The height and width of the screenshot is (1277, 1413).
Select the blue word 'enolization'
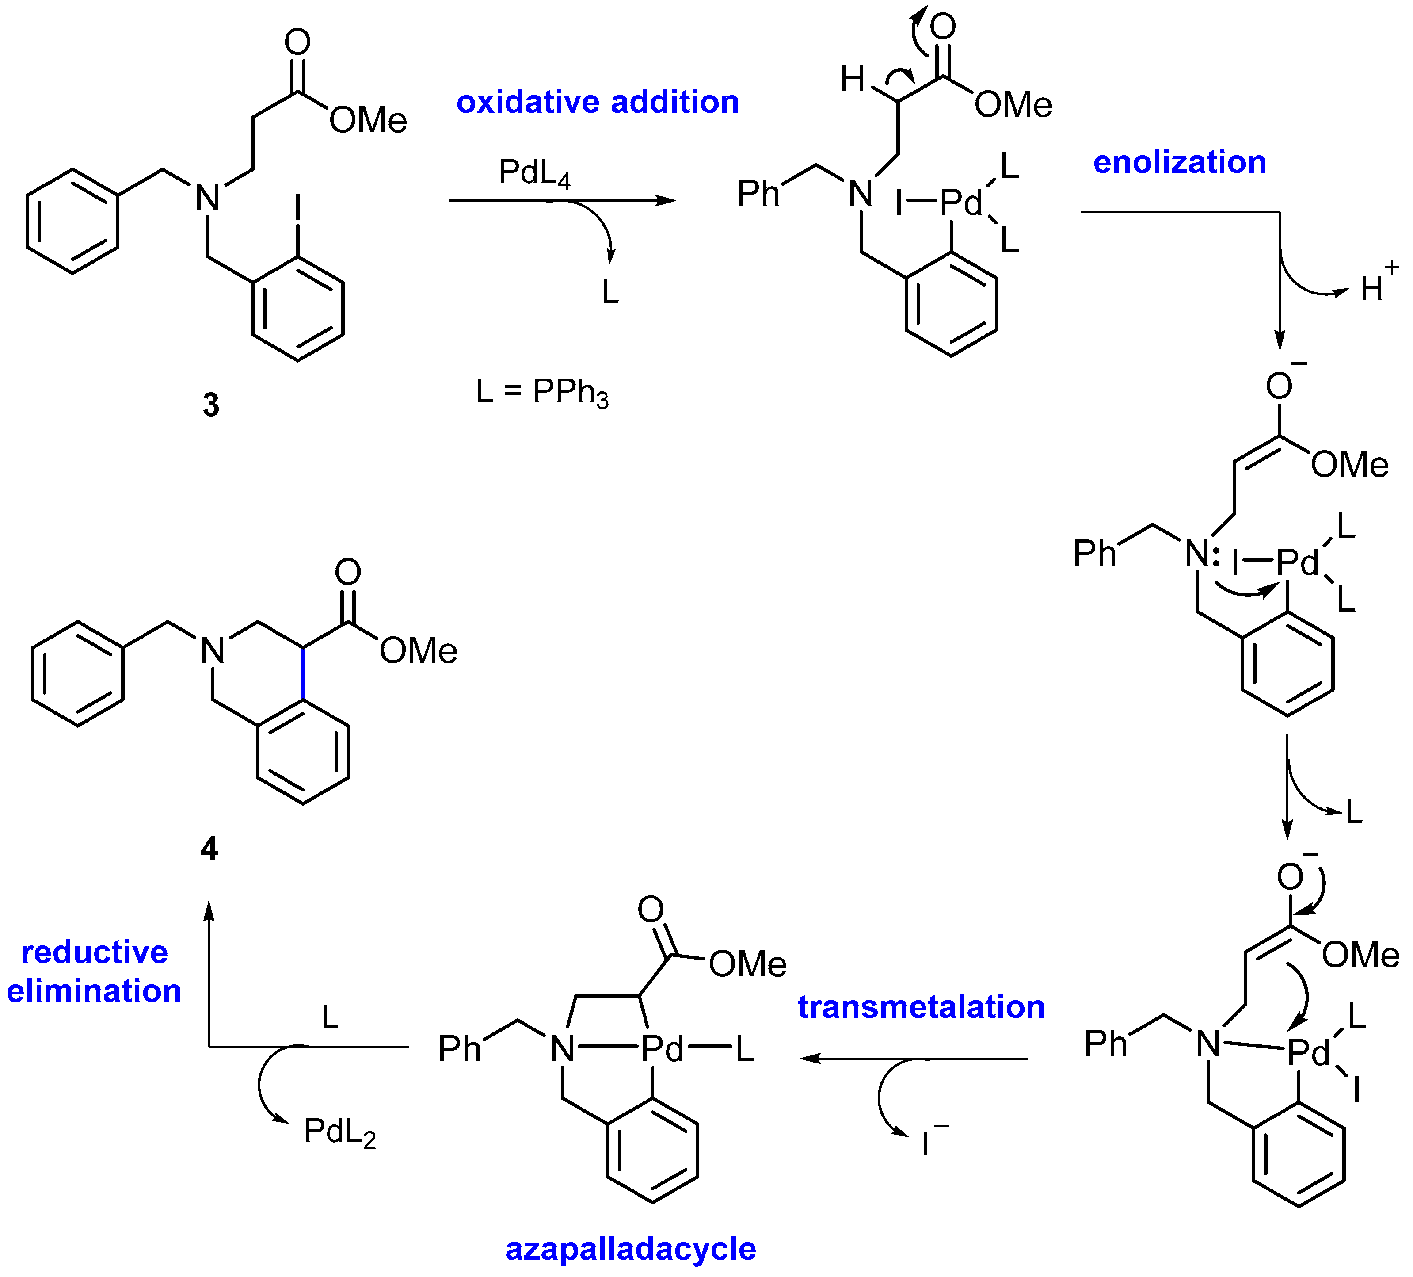click(1180, 163)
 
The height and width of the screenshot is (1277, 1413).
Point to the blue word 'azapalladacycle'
click(630, 1250)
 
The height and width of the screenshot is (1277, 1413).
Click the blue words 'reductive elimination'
click(94, 972)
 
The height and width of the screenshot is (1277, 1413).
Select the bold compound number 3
click(211, 405)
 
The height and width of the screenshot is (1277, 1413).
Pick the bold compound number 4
click(209, 849)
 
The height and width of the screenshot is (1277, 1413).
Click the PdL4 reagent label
click(534, 173)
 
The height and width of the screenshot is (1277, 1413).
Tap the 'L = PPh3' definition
click(542, 392)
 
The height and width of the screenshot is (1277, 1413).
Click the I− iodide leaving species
click(931, 1142)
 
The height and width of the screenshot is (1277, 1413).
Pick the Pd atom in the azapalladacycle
click(662, 1050)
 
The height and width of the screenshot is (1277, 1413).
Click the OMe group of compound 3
click(368, 120)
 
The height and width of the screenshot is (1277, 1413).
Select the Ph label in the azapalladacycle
click(459, 1050)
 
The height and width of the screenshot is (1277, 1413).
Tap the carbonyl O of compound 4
click(348, 572)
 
